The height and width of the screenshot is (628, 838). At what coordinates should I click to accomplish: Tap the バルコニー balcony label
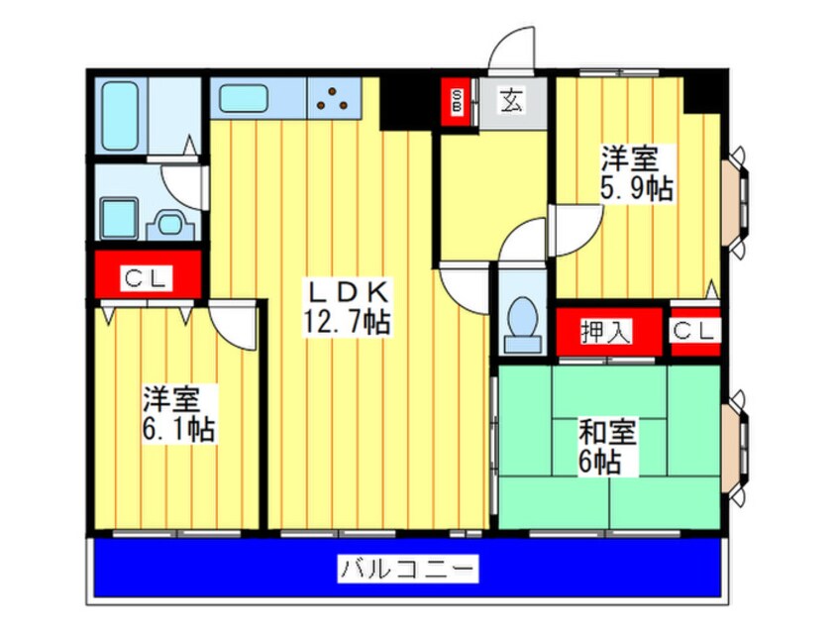point(408,569)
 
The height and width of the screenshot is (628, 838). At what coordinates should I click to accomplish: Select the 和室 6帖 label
point(607,447)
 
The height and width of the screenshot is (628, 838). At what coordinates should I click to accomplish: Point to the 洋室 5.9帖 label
point(637,172)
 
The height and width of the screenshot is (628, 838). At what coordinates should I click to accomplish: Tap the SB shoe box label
point(457,102)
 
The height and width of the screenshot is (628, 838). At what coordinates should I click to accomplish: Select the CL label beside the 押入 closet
point(694,331)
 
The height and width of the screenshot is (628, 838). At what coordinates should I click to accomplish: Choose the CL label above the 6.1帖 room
point(146,278)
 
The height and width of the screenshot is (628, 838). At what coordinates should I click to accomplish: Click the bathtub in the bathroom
point(120,116)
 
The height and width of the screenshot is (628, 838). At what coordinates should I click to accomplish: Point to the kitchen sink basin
point(243,99)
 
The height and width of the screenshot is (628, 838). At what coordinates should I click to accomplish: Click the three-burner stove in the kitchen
point(332,98)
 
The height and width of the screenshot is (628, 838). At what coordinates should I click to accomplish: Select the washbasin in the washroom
point(170,224)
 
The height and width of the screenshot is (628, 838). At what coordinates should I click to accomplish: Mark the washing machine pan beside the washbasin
point(120,218)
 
